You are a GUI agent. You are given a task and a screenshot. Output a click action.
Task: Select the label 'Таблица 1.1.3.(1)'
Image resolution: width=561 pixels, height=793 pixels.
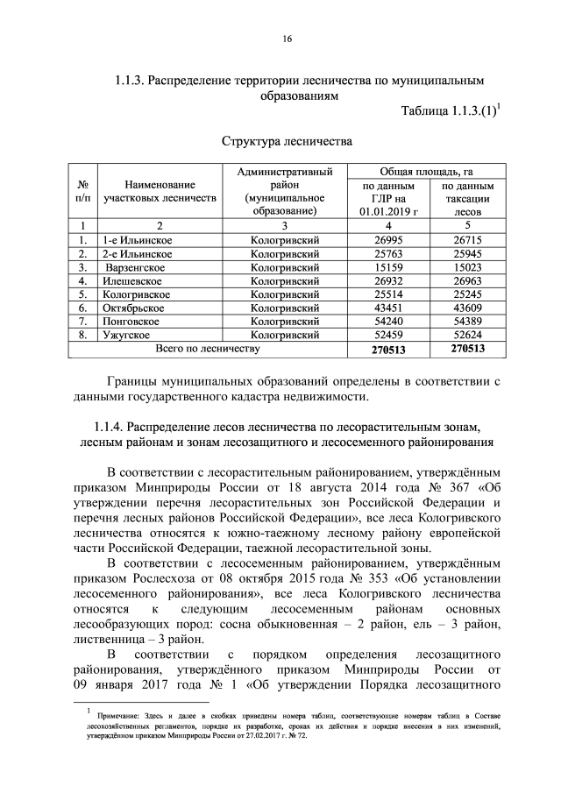[449, 110]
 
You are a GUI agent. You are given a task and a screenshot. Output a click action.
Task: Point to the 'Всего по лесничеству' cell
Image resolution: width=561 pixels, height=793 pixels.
[208, 350]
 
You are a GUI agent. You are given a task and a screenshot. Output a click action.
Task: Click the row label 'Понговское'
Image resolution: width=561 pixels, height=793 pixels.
[131, 322]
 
